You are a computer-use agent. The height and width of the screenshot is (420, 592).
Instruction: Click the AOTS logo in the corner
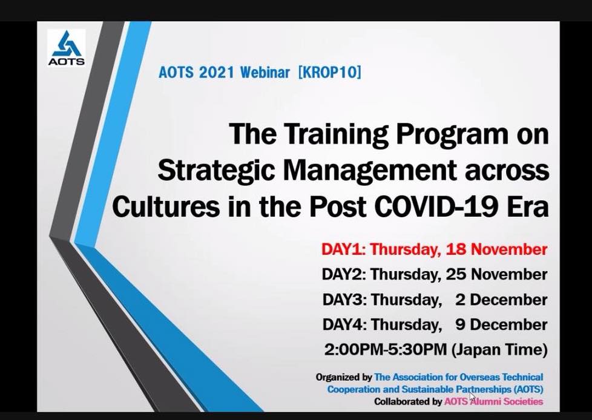(66, 48)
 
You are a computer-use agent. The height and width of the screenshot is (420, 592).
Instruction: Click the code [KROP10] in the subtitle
(330, 72)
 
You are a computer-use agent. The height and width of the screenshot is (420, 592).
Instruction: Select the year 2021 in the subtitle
(217, 72)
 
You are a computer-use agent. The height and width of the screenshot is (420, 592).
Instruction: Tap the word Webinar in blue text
(265, 72)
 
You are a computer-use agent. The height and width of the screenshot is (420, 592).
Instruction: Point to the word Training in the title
(336, 134)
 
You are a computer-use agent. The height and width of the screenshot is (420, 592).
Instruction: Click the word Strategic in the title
(216, 171)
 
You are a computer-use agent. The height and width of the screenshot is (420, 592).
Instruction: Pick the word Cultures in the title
(166, 206)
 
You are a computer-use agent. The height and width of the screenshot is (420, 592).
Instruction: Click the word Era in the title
(528, 206)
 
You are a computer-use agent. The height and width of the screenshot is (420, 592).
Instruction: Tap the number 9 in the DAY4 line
(460, 324)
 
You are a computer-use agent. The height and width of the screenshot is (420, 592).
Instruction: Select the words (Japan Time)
(499, 350)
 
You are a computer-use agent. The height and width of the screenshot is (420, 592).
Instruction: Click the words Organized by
(344, 378)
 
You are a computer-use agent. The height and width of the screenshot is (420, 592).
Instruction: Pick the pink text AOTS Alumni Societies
(493, 401)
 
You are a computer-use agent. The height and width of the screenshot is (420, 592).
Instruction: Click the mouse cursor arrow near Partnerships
(472, 398)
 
